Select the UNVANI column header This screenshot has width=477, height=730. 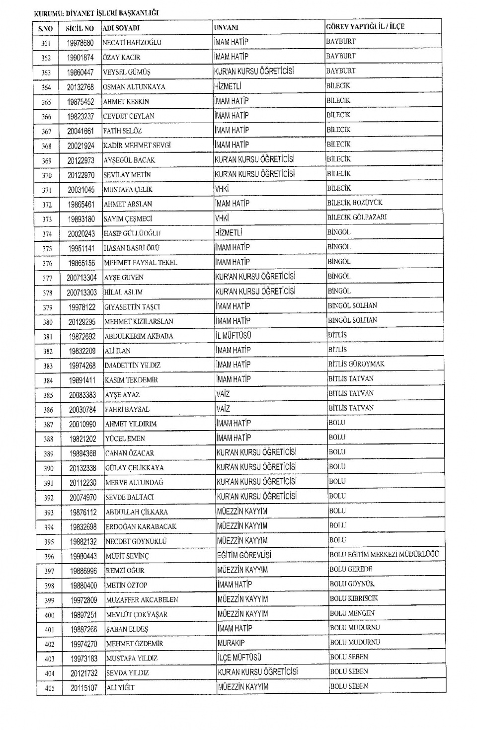coord(226,27)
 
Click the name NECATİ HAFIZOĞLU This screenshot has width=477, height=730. coord(132,43)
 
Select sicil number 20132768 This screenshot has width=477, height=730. coord(80,87)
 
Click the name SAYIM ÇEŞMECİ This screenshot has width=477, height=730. coord(128,219)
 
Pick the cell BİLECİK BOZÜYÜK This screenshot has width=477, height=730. coord(355,203)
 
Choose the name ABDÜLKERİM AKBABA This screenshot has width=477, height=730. coord(139,336)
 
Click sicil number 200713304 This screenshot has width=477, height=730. coord(82,278)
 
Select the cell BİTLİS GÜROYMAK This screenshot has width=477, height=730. coord(356,364)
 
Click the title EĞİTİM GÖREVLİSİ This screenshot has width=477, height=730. coord(244,555)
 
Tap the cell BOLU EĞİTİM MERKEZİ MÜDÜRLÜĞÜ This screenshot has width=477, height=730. coord(384,555)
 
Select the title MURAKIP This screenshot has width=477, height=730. coord(231,643)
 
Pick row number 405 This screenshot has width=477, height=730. coord(49,688)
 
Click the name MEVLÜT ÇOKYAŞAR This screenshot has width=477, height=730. coord(137,615)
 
